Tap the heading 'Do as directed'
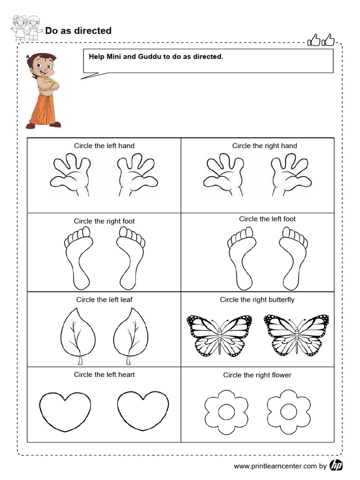(78, 31)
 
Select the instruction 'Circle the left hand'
(104, 146)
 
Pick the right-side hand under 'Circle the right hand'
(291, 176)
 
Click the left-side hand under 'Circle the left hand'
(71, 176)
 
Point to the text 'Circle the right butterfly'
(257, 300)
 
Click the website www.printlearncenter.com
(275, 466)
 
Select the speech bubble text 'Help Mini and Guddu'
(156, 57)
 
